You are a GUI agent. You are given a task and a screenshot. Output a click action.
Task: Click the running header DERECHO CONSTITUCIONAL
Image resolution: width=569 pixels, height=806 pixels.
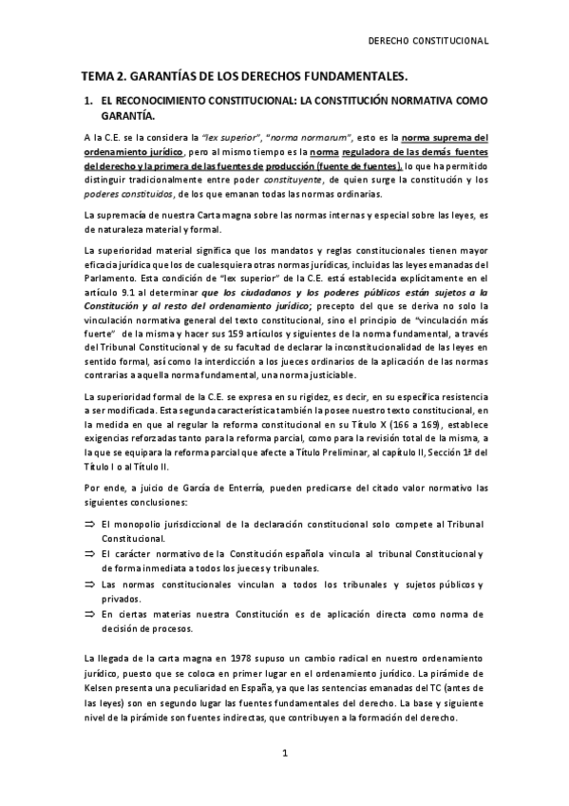tap(428, 41)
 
